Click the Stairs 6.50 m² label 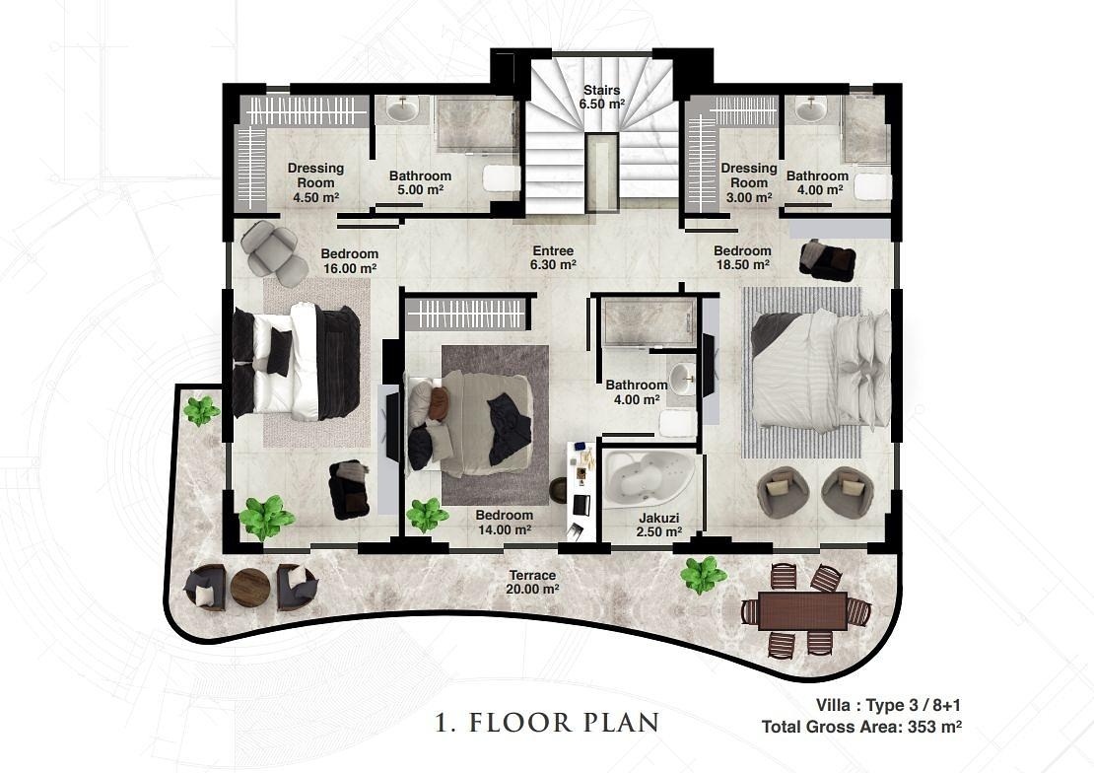click(x=601, y=97)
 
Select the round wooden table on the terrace click(x=249, y=587)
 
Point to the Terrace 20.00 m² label click(x=532, y=582)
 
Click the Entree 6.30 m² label click(x=553, y=257)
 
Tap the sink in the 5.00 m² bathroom click(x=402, y=109)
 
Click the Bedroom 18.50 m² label click(x=742, y=257)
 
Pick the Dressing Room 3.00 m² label click(x=749, y=182)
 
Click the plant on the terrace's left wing click(x=201, y=410)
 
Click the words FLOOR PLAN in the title click(x=564, y=722)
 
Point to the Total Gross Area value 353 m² click(x=935, y=727)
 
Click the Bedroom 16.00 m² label click(x=350, y=260)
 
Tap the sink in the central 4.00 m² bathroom click(x=681, y=380)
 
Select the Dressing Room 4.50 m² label click(x=316, y=182)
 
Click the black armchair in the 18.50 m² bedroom click(x=828, y=259)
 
